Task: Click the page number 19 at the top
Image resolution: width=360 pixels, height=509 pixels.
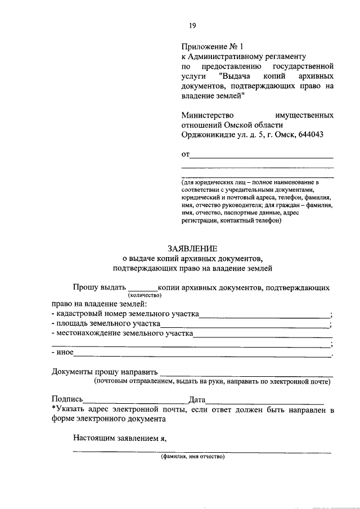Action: click(192, 25)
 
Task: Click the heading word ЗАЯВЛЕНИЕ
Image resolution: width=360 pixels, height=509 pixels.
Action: click(192, 248)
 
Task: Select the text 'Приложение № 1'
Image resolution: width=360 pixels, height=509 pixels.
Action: click(214, 46)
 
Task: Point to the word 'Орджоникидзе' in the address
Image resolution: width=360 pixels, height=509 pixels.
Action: click(208, 135)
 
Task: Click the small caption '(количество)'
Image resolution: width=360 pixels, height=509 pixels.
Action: click(145, 295)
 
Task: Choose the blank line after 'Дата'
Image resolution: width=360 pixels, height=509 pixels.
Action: click(264, 401)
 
